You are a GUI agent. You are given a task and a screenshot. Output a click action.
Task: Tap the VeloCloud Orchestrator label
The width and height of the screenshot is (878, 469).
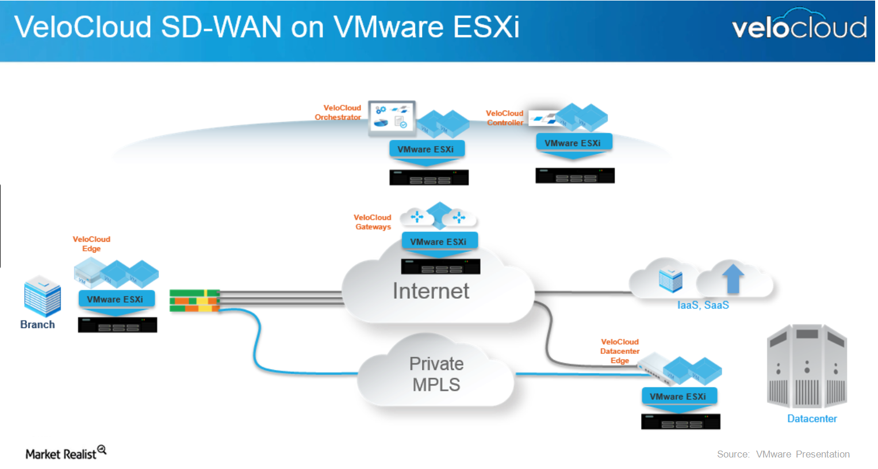339,112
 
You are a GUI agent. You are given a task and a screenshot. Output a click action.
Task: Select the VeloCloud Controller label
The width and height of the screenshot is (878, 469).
504,118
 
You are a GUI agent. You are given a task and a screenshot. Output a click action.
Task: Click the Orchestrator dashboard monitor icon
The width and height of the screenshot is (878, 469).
392,117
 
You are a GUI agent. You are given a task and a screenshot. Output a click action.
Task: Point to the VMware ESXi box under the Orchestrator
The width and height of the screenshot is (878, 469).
426,149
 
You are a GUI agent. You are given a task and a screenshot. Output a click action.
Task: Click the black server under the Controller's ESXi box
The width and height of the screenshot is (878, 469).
574,176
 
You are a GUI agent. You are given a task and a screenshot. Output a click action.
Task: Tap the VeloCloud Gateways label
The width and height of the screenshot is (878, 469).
373,222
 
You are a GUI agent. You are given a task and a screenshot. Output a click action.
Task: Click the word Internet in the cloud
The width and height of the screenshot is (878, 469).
431,291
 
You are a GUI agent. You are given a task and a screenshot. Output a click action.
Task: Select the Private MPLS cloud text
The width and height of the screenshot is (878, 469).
436,374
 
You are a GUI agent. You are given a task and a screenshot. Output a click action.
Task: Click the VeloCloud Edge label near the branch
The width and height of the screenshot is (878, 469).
91,244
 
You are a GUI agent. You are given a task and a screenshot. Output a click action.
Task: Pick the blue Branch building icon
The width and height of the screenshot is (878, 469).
42,296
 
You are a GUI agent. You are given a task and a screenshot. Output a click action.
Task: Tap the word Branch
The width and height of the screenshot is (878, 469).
37,325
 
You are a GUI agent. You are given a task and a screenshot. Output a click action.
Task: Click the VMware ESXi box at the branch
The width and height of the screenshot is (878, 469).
116,299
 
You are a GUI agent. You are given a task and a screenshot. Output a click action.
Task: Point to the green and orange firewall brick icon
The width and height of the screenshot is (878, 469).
194,301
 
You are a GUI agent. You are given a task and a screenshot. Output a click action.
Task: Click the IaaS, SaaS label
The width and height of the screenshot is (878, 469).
703,305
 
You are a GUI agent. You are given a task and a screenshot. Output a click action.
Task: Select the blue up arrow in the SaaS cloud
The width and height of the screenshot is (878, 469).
733,278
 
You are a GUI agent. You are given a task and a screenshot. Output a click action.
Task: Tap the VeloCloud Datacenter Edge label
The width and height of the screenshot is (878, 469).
619,351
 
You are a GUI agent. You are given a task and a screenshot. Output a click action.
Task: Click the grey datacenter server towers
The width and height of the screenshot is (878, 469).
807,366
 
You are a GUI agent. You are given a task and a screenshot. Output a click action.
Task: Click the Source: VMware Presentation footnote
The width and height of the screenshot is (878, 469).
783,454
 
